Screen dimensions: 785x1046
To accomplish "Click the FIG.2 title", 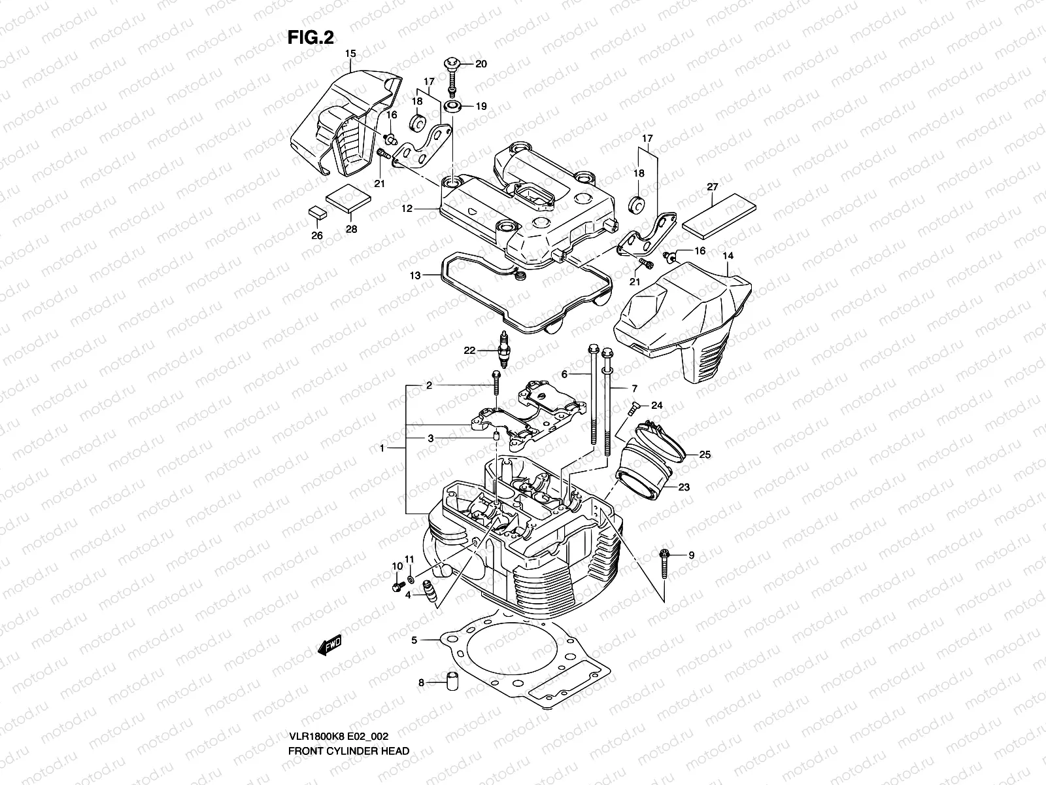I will click(x=311, y=37).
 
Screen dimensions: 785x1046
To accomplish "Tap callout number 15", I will click(x=350, y=53).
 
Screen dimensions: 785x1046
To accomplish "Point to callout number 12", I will click(x=407, y=209).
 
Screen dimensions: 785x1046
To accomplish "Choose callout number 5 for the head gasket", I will click(x=414, y=640).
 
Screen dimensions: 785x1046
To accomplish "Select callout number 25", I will click(x=705, y=454).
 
